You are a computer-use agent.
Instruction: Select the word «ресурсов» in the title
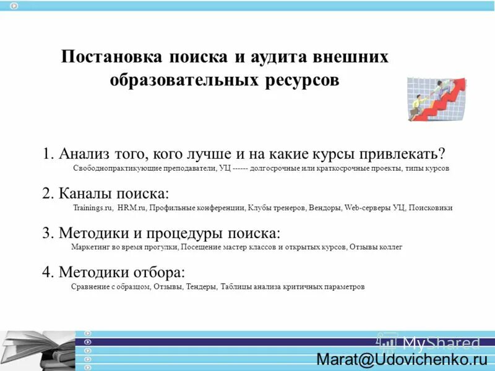(x=303, y=80)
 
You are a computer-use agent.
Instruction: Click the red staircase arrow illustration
(x=437, y=99)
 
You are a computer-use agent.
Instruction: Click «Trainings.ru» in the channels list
(x=93, y=208)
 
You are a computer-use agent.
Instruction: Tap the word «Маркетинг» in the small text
(x=89, y=247)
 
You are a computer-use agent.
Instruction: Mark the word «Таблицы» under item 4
(x=235, y=287)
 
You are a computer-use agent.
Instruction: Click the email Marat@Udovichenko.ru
(x=402, y=359)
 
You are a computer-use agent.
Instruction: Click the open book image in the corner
(x=37, y=349)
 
